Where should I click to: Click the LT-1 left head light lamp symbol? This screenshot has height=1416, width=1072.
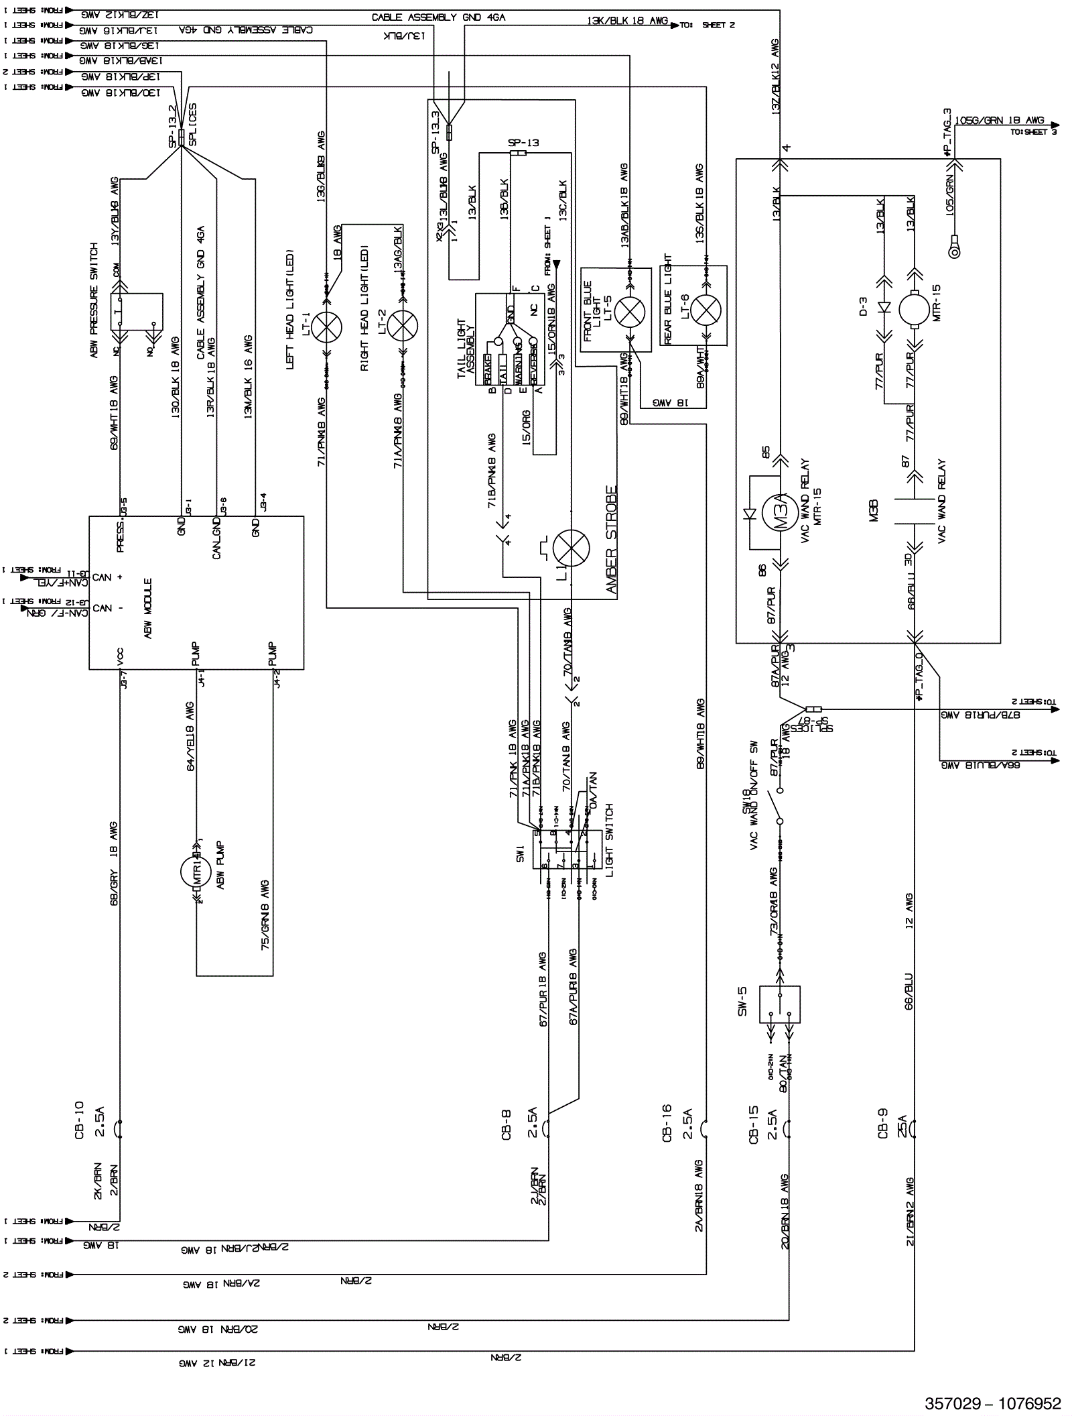pyautogui.click(x=326, y=327)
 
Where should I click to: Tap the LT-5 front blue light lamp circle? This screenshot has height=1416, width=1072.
pyautogui.click(x=630, y=310)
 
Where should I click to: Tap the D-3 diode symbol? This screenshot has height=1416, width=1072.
pyautogui.click(x=884, y=309)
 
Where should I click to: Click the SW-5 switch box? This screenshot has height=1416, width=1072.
pyautogui.click(x=780, y=1004)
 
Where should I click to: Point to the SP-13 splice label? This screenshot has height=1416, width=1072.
pyautogui.click(x=523, y=143)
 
